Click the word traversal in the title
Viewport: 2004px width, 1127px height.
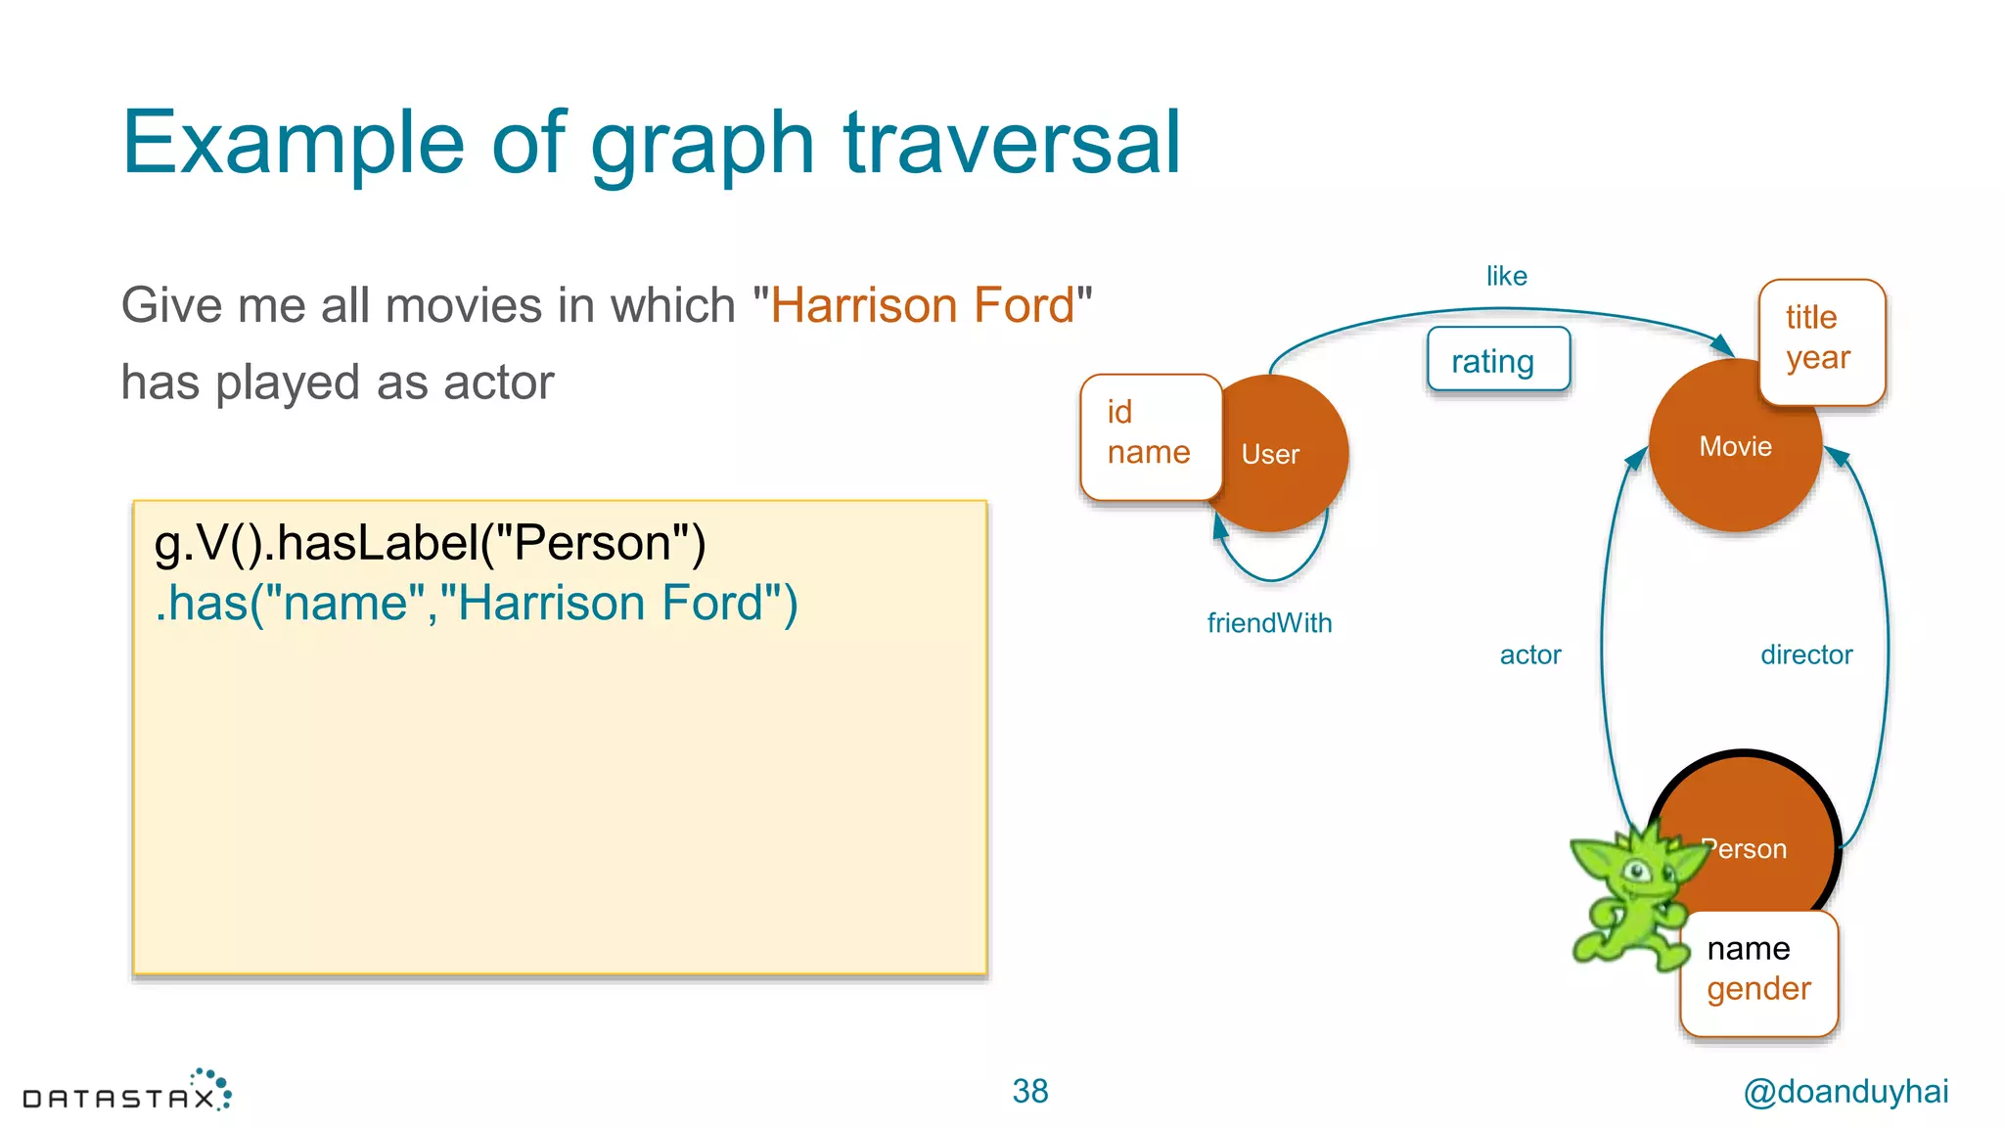click(x=1012, y=143)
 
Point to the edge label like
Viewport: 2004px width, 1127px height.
click(x=1506, y=277)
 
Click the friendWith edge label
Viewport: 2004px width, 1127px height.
click(x=1269, y=623)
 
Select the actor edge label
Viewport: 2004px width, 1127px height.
click(x=1529, y=654)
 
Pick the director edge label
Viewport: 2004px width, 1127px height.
click(x=1805, y=654)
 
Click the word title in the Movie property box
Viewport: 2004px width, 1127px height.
click(x=1810, y=318)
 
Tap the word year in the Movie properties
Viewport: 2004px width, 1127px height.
click(x=1817, y=358)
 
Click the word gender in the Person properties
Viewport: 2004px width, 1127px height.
click(x=1758, y=989)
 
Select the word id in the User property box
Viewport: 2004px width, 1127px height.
click(x=1119, y=412)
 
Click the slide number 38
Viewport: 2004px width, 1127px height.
click(x=1029, y=1091)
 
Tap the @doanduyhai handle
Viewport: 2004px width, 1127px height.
click(x=1845, y=1091)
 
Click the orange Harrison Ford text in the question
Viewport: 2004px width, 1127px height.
click(x=922, y=305)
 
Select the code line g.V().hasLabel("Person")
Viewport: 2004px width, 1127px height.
click(x=430, y=543)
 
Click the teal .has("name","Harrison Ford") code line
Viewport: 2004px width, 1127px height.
click(x=477, y=603)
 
